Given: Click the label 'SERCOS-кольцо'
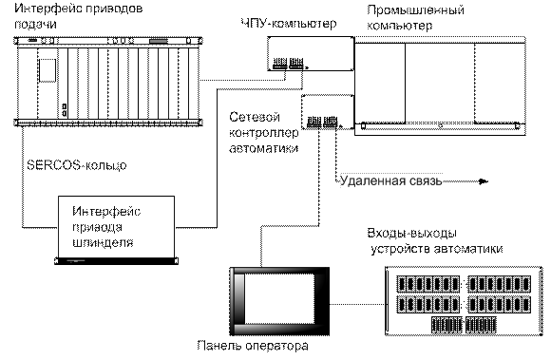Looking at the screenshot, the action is [77, 165].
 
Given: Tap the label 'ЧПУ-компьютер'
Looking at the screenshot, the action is [289, 24].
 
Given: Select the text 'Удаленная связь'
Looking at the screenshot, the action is [390, 180].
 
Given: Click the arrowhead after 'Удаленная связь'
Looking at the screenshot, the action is [484, 181].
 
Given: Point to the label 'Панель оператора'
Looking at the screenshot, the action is [253, 346].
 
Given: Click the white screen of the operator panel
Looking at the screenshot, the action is [279, 298].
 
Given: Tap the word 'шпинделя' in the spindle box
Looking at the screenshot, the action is [103, 242].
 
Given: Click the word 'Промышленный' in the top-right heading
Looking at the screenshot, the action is [415, 9].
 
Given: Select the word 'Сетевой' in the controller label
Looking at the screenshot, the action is [255, 117].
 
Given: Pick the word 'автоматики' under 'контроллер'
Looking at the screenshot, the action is [264, 148].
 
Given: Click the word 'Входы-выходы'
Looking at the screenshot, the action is [412, 233].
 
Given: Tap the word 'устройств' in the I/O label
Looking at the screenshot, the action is [401, 249].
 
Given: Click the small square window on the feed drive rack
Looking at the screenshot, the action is [47, 70].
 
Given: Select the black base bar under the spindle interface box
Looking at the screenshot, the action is [116, 260].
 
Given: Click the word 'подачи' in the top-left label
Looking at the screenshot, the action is [35, 25].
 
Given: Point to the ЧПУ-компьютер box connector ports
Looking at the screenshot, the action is [288, 64].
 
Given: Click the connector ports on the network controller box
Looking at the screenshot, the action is [323, 122].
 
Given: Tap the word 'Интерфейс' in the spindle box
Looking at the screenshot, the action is [106, 211].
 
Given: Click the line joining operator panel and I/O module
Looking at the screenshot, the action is [357, 304].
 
